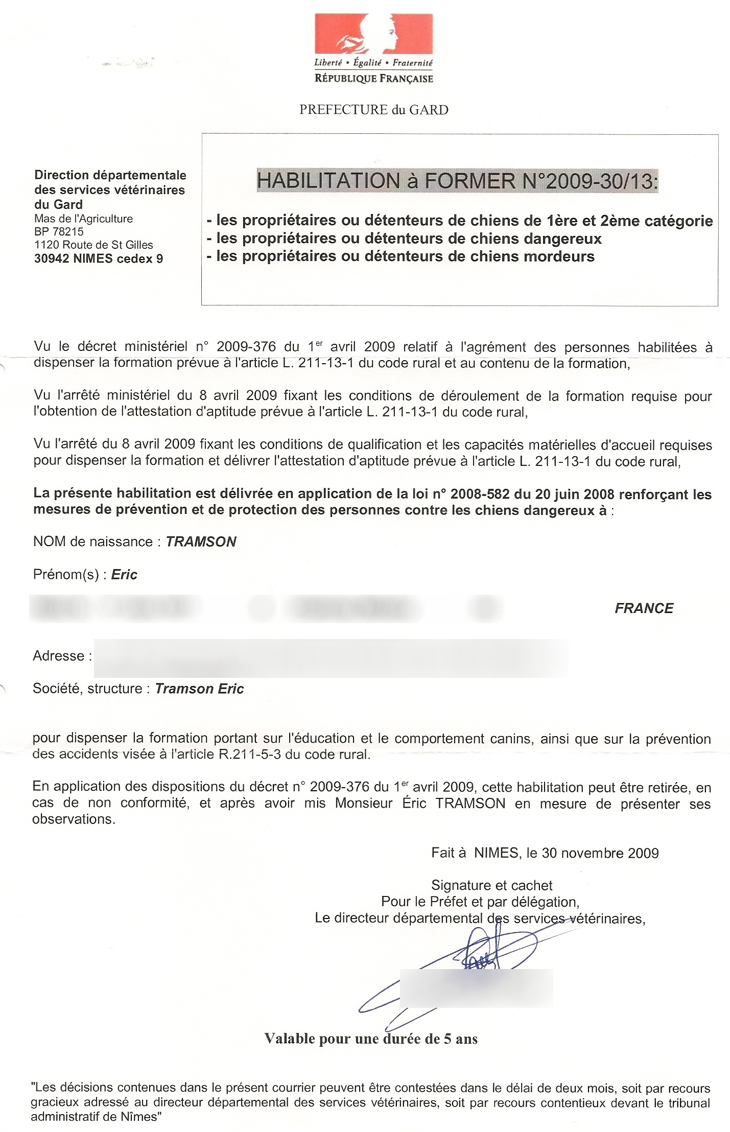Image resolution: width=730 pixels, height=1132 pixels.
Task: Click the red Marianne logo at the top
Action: [x=373, y=34]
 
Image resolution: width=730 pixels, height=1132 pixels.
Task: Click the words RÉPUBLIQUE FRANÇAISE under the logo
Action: [x=373, y=78]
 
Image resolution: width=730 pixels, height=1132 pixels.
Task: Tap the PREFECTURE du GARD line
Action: [x=373, y=110]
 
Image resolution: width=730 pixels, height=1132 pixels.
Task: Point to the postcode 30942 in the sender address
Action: [x=51, y=259]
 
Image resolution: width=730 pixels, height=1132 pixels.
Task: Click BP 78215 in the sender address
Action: [x=59, y=231]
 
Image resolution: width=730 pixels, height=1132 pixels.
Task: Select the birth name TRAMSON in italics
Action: [x=201, y=541]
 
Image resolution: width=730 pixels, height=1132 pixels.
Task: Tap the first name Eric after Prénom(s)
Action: [x=124, y=575]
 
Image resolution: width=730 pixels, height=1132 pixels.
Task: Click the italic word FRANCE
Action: [x=644, y=608]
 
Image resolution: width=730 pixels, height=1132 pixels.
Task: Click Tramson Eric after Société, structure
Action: [x=199, y=689]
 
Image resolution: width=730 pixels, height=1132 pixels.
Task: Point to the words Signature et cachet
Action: [x=491, y=885]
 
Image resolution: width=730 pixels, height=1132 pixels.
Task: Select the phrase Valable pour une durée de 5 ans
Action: [x=371, y=1039]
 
